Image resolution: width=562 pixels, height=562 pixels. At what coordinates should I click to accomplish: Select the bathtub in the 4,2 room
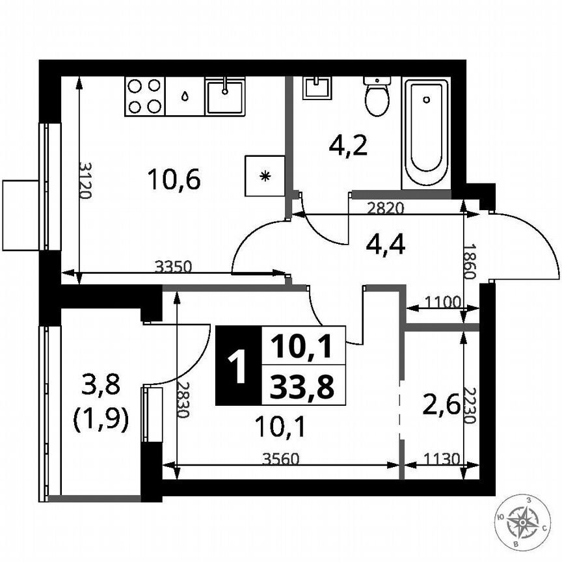[426, 133]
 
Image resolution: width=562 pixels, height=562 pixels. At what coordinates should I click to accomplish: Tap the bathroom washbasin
[317, 87]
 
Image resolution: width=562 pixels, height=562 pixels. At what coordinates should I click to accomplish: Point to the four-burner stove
[144, 96]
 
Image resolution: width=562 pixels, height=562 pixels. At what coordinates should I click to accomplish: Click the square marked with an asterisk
[265, 176]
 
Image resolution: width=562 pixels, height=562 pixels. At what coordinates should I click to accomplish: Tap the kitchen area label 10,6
[172, 178]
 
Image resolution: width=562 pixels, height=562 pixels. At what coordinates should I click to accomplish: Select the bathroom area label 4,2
[348, 146]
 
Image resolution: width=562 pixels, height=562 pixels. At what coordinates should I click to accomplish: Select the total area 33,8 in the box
[303, 388]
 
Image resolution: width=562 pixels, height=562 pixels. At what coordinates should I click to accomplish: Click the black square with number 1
[238, 366]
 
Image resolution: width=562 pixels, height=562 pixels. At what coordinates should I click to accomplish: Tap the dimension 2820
[386, 208]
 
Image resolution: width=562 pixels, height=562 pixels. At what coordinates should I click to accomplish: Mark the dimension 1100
[442, 301]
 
